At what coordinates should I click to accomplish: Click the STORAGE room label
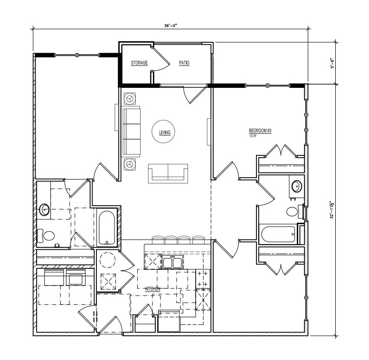tap(139, 63)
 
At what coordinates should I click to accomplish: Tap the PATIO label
tap(184, 63)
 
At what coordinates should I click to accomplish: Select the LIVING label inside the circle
tap(165, 133)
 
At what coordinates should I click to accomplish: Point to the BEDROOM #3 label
tap(260, 131)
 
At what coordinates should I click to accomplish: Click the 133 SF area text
tap(253, 136)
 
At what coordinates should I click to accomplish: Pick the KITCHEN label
tap(152, 289)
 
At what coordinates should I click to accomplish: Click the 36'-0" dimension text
tap(170, 26)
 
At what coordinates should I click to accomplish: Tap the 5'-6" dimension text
tap(332, 63)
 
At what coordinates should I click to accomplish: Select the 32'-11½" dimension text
tap(332, 210)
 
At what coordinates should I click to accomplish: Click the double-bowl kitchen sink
tap(172, 262)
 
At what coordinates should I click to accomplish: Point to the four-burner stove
tap(203, 279)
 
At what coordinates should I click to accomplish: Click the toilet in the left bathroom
tap(46, 235)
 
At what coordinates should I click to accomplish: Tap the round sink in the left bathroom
tap(44, 209)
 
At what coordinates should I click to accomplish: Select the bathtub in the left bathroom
tap(107, 227)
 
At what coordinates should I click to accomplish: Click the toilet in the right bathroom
tap(295, 211)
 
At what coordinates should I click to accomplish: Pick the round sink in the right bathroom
tap(297, 186)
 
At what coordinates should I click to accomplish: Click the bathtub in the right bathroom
tap(278, 234)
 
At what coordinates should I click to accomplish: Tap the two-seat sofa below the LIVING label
tap(168, 173)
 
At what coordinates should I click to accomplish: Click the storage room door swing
tap(161, 59)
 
